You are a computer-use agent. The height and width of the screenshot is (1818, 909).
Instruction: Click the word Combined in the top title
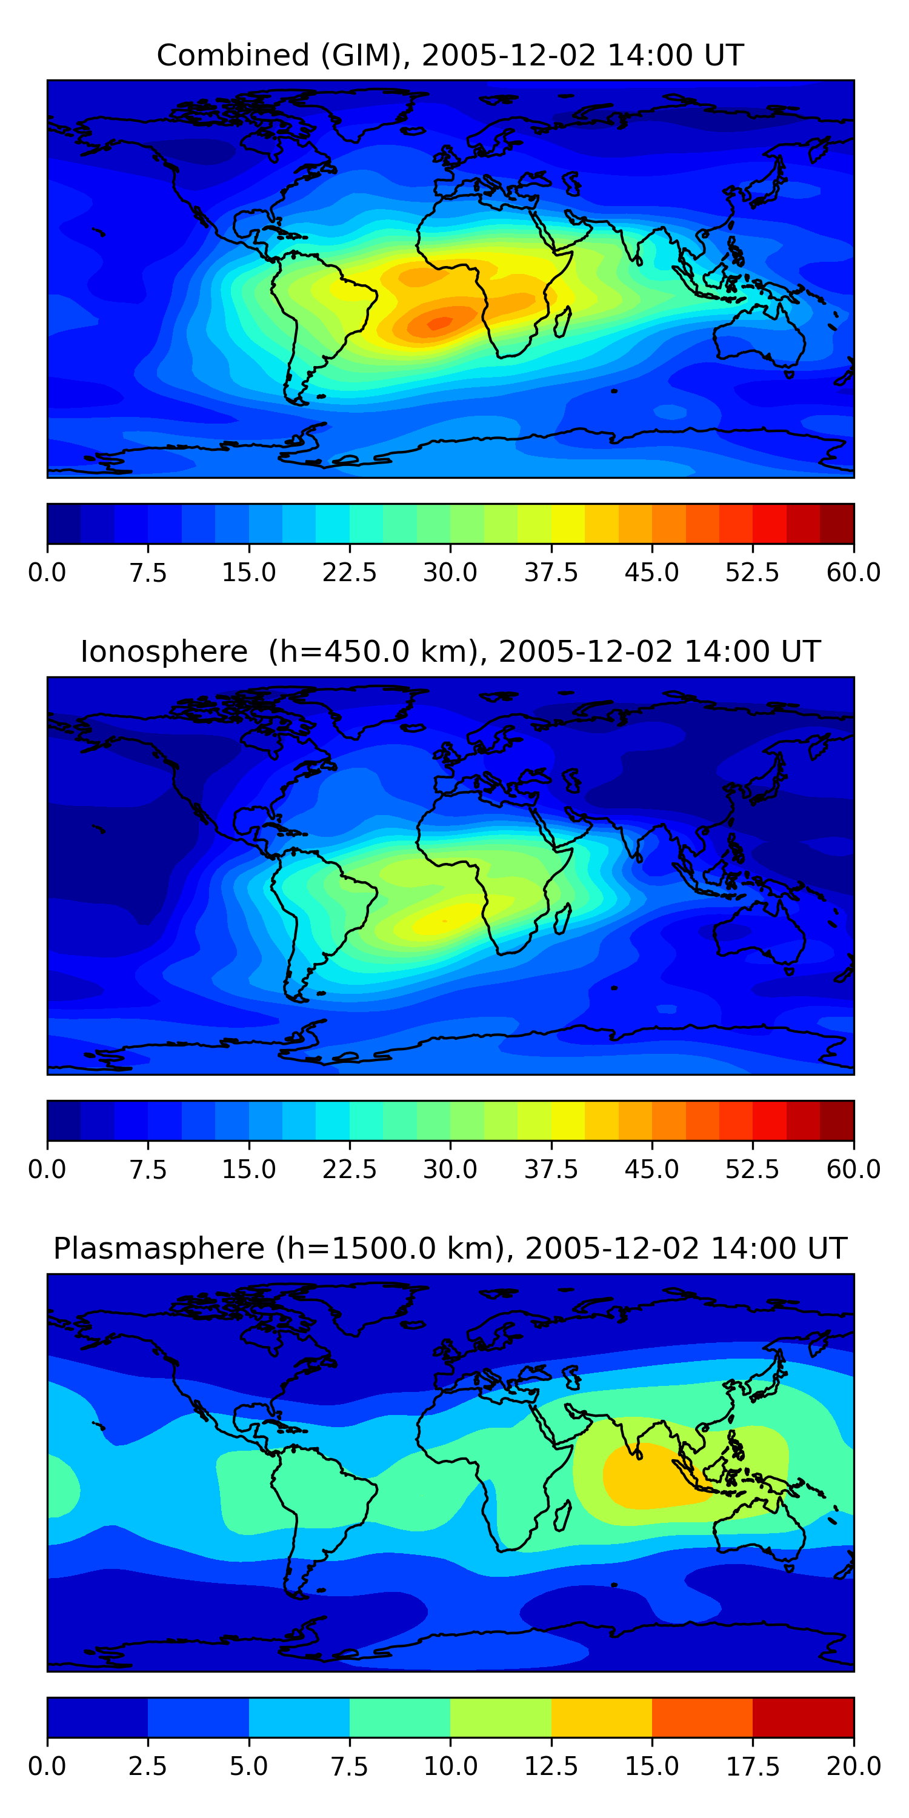(233, 55)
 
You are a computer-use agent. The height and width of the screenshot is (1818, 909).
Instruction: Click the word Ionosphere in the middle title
(164, 651)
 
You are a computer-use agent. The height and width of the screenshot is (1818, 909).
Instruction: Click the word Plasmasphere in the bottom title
(159, 1248)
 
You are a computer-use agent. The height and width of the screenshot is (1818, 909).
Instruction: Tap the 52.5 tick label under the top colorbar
(752, 572)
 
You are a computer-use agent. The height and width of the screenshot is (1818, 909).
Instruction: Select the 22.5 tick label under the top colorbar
(349, 572)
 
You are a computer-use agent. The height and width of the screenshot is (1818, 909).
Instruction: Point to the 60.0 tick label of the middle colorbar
(853, 1170)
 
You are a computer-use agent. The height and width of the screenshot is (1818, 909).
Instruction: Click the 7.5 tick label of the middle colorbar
(148, 1170)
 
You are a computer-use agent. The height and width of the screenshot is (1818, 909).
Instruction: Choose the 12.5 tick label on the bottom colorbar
(551, 1766)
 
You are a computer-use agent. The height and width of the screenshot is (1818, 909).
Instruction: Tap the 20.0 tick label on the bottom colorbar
(853, 1766)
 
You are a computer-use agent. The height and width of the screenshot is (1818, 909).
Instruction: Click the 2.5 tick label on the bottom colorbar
(148, 1766)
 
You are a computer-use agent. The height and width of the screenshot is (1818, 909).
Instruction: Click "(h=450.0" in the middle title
(339, 651)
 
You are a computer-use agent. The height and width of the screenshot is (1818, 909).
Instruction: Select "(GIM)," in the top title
(365, 55)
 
